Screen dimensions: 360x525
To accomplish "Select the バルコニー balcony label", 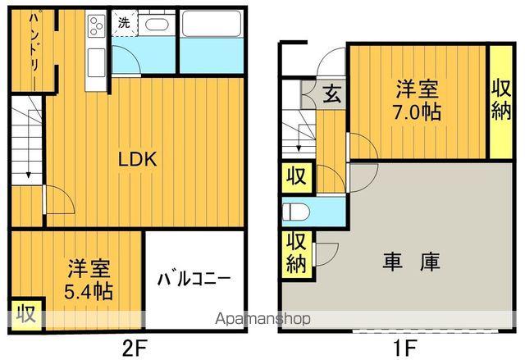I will (194, 277).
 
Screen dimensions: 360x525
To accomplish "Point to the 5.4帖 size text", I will (90, 291).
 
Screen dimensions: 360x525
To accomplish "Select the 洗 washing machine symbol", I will (122, 23).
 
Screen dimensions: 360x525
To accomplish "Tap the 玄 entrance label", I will (331, 94).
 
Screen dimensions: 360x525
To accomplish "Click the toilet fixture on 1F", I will (295, 212).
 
